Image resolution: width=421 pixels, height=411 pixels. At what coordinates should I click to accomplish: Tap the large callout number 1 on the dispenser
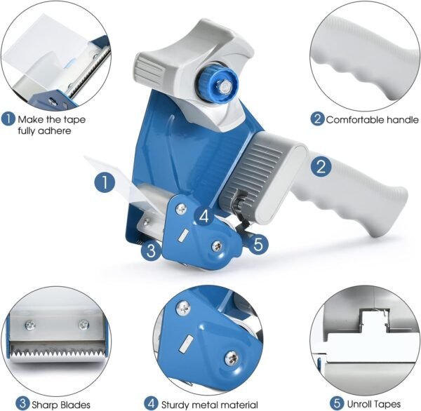pos(105,183)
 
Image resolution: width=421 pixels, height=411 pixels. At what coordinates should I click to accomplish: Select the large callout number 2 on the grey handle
pos(321,167)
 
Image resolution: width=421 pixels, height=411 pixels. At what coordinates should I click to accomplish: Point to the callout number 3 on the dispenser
pos(151,250)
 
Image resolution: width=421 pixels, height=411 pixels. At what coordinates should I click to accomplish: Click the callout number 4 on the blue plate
pos(203,216)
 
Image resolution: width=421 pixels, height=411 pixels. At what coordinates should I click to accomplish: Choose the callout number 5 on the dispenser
pos(258,244)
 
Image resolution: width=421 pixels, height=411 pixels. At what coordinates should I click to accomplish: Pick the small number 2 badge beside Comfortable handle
pos(317,119)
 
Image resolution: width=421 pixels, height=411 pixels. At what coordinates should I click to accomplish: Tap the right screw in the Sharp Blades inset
pos(83,324)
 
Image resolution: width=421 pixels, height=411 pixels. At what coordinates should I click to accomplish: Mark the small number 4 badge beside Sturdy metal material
pos(151,404)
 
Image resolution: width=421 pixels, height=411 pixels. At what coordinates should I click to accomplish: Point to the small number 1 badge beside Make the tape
pos(8,119)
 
